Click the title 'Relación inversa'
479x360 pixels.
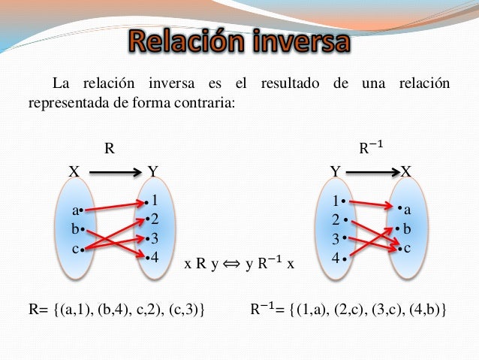point(239,41)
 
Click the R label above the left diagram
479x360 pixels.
point(109,148)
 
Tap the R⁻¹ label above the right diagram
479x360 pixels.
point(369,148)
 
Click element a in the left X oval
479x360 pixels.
point(77,210)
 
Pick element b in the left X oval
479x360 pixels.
point(77,228)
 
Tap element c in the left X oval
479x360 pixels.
point(77,247)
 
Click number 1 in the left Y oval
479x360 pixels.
point(154,201)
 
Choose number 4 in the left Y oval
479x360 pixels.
point(154,257)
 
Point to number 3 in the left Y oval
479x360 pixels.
point(154,239)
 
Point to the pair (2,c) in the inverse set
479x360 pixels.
point(349,310)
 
